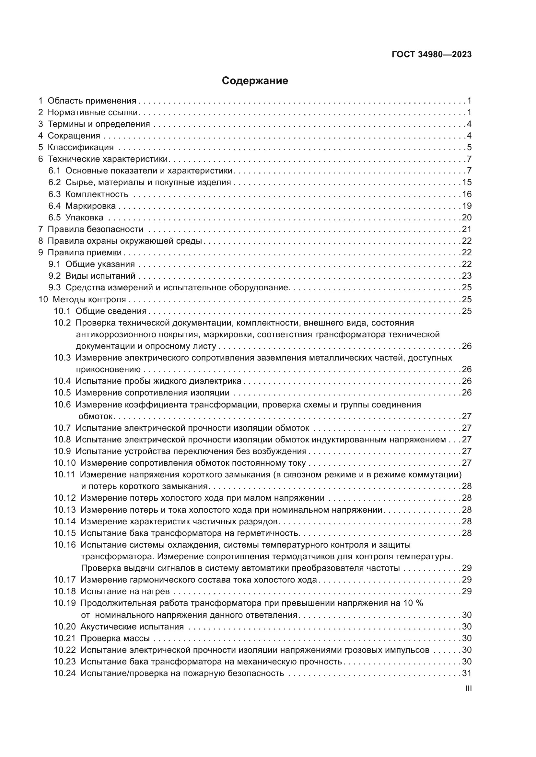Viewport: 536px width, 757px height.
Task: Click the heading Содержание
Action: pos(254,81)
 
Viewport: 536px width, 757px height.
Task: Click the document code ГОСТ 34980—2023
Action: pos(431,55)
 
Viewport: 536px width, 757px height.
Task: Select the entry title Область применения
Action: pos(92,101)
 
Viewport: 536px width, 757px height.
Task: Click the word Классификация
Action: pos(81,147)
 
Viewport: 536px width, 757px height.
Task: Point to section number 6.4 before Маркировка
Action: pos(54,206)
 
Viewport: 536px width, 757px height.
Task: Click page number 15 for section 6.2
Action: pos(467,182)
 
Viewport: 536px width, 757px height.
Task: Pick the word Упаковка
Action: pos(84,217)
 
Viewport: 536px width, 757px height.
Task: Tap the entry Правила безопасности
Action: pos(95,229)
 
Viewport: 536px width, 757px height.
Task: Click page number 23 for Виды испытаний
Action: pos(467,276)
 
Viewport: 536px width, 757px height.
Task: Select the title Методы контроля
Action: pos(89,299)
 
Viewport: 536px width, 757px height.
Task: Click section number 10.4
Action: pos(62,381)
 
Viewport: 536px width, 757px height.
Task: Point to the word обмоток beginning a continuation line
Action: pos(95,417)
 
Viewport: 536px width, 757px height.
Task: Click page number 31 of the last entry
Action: pos(467,673)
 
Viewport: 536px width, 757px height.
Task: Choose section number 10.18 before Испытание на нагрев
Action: pos(65,591)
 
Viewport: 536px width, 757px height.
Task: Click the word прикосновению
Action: pos(108,370)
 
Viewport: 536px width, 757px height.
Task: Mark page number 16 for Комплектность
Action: pos(467,194)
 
